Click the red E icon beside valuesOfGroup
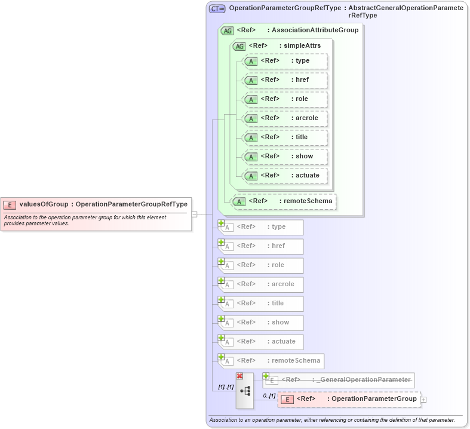coord(10,204)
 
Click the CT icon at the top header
coord(217,9)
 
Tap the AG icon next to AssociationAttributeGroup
coord(227,30)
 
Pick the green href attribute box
coord(285,80)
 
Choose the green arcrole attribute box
coord(285,118)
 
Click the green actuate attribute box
coord(285,176)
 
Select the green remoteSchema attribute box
coord(284,201)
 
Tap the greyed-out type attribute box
coord(262,227)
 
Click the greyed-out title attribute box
coord(262,304)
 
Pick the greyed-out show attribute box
coord(262,323)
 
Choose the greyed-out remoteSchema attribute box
coord(272,361)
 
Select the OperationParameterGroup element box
coord(349,399)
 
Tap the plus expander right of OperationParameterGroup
coord(423,400)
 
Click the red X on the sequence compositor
coord(239,376)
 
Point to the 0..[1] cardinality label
coord(269,396)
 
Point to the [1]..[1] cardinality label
coord(225,387)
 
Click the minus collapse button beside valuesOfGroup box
coord(194,214)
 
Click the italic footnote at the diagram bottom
coord(331,420)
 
